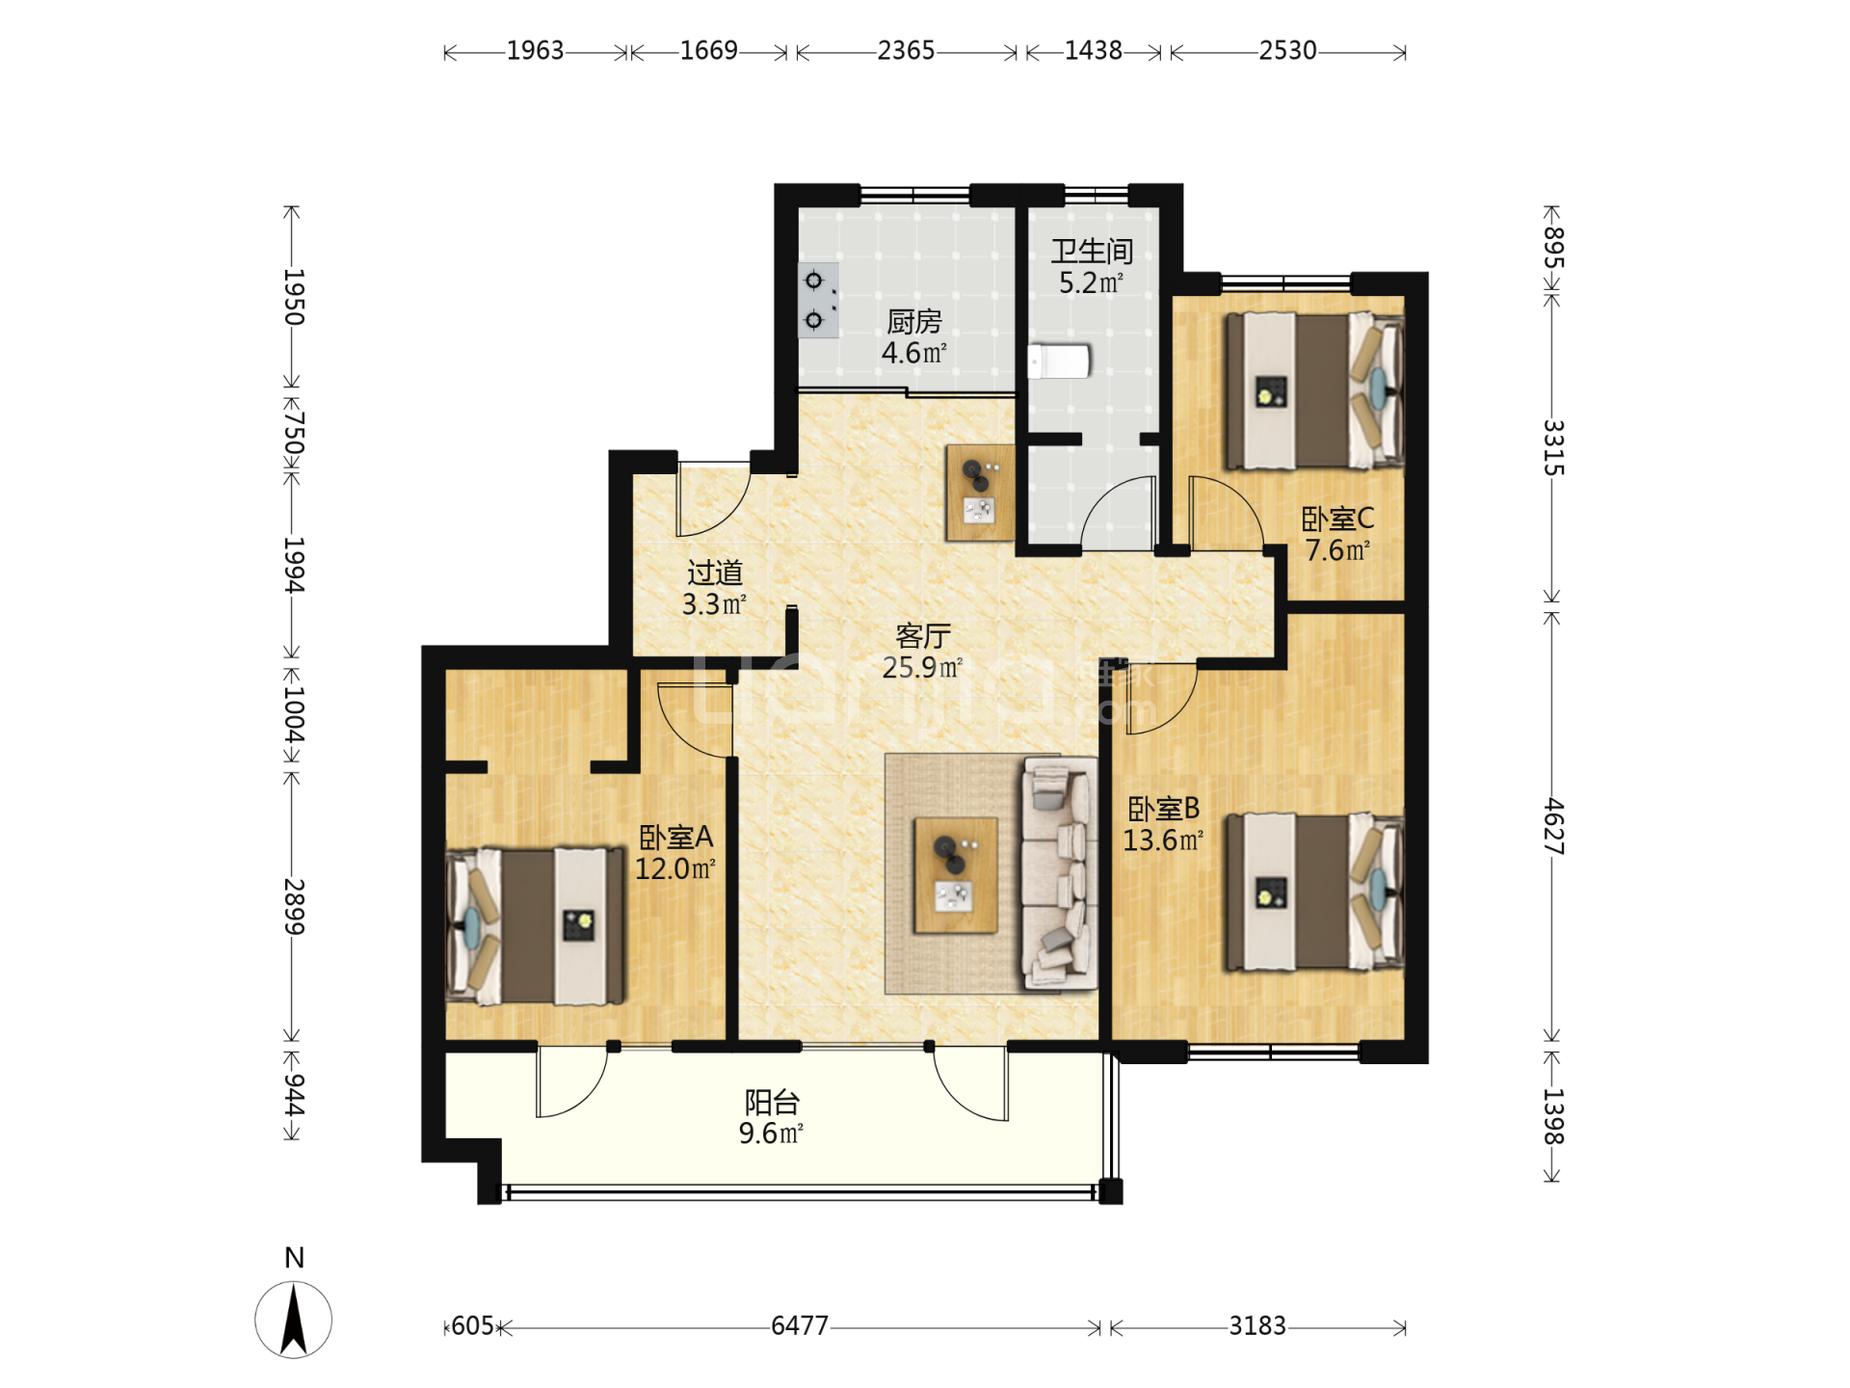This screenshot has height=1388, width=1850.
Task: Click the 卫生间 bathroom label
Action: pyautogui.click(x=1091, y=252)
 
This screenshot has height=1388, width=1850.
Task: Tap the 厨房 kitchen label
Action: pyautogui.click(x=913, y=321)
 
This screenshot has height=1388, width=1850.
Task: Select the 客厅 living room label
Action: pyautogui.click(x=923, y=636)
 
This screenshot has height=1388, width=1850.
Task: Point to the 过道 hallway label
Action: pyautogui.click(x=715, y=574)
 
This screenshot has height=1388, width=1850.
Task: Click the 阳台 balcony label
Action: pyautogui.click(x=772, y=1102)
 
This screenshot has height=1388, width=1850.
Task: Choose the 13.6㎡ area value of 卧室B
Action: pyautogui.click(x=1163, y=841)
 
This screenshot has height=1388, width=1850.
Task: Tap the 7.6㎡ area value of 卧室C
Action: pyautogui.click(x=1337, y=550)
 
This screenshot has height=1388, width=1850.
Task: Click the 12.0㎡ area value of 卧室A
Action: pyautogui.click(x=674, y=869)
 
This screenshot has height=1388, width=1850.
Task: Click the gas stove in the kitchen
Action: pyautogui.click(x=818, y=300)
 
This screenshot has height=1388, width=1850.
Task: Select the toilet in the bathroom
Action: pyautogui.click(x=1059, y=362)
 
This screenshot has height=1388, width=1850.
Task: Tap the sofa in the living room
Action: pyautogui.click(x=1060, y=873)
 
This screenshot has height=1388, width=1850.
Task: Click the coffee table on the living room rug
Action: pyautogui.click(x=956, y=875)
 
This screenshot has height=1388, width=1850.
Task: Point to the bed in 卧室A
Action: pyautogui.click(x=536, y=926)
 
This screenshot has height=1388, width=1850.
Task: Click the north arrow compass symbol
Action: pyautogui.click(x=294, y=1320)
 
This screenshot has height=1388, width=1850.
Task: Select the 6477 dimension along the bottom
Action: pyautogui.click(x=800, y=1326)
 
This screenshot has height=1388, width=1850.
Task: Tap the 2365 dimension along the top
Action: pyautogui.click(x=906, y=50)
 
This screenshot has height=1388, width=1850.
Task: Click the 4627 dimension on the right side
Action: pyautogui.click(x=1553, y=826)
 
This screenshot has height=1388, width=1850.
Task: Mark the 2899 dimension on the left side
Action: pyautogui.click(x=293, y=907)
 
